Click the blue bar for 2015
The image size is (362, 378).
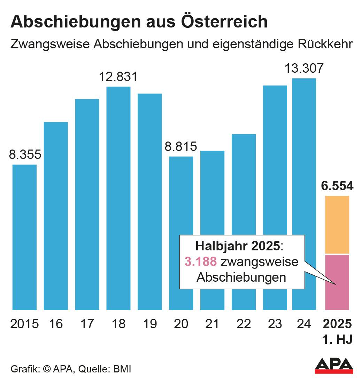tap(24, 237)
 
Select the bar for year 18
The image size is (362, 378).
tap(118, 198)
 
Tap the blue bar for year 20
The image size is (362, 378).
tap(181, 233)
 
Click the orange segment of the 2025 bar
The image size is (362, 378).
tap(337, 225)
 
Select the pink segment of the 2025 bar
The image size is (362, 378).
tap(337, 282)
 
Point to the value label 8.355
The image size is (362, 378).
tap(25, 155)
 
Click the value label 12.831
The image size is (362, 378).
tap(118, 77)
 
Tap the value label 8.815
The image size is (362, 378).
tap(181, 147)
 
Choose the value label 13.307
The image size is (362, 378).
tap(304, 69)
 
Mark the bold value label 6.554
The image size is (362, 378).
tap(337, 186)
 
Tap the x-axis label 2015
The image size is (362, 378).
tap(24, 324)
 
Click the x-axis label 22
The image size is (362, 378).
tap(243, 324)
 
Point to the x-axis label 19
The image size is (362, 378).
tap(150, 324)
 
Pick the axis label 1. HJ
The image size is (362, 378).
tap(337, 339)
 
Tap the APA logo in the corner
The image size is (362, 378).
tap(333, 365)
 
